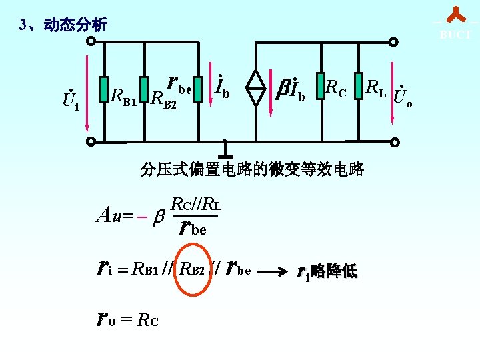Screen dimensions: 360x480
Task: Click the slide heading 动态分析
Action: (75, 26)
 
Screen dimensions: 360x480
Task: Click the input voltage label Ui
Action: (70, 100)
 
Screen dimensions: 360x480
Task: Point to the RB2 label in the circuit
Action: (163, 99)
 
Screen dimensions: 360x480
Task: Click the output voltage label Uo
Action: (403, 99)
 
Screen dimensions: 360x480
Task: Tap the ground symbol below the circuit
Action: (225, 152)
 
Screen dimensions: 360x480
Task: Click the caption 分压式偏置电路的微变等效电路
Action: (252, 169)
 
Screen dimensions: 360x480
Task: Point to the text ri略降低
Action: (327, 271)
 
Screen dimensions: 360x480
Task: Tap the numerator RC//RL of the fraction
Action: (196, 204)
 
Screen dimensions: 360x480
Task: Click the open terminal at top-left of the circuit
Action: (91, 41)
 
